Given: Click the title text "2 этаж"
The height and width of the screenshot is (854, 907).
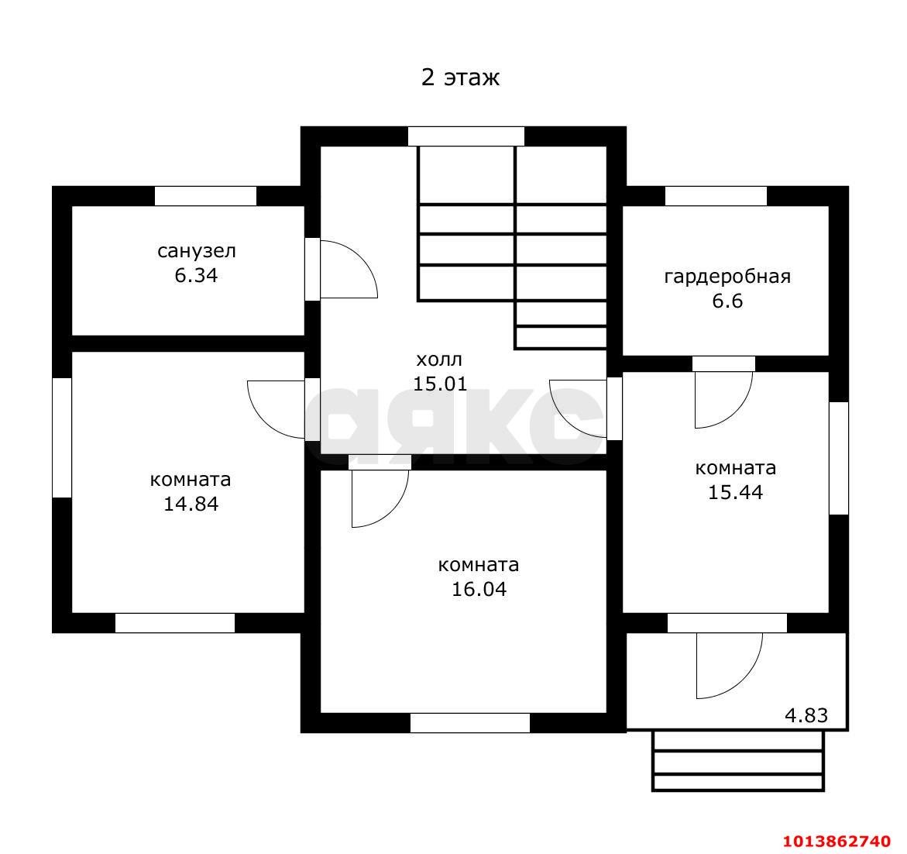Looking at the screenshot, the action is (x=460, y=77).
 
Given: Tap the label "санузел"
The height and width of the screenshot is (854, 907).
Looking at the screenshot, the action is (x=197, y=251).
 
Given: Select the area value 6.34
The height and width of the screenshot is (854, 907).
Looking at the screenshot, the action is (x=196, y=275).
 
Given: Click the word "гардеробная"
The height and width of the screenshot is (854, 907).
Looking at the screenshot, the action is (x=727, y=277).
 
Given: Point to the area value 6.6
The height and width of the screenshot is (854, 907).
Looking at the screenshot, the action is (x=727, y=301).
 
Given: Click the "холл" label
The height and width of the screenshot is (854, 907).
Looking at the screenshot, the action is (x=439, y=360).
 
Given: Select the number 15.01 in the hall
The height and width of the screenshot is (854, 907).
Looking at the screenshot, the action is (x=440, y=384).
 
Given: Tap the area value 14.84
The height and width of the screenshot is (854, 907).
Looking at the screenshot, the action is (x=191, y=504).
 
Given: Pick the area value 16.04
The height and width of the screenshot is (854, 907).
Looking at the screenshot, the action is (x=479, y=589).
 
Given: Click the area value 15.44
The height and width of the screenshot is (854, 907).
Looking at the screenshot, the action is (x=735, y=492).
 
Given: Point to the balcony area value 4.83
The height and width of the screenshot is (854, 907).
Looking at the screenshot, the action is (x=806, y=716).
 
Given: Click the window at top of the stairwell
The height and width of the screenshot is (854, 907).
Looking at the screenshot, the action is (x=466, y=136).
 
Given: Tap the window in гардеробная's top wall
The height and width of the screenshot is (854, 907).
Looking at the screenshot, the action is (x=716, y=196).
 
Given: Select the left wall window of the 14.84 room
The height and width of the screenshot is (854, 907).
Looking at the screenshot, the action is (x=62, y=437).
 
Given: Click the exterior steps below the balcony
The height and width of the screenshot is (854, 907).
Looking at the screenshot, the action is (x=738, y=761).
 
